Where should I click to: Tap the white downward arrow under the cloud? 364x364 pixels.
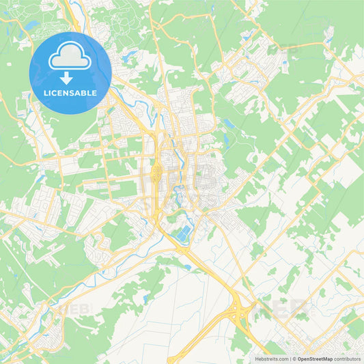[x=70, y=78]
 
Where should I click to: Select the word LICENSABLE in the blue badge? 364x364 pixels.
[x=70, y=93]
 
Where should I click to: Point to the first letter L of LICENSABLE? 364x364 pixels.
[x=46, y=93]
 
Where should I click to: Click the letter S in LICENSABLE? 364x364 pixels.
[x=72, y=93]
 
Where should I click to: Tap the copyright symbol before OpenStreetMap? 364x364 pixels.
[x=295, y=359]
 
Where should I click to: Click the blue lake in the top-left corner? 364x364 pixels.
[x=31, y=26]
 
